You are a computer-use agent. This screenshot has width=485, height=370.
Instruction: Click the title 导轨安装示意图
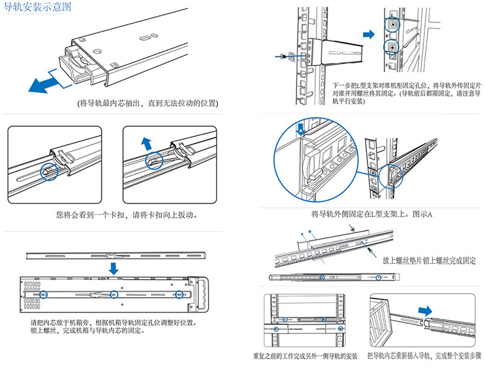point(38,8)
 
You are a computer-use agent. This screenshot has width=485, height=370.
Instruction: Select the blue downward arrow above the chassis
point(114,268)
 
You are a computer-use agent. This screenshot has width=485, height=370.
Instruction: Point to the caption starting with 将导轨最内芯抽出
point(149,103)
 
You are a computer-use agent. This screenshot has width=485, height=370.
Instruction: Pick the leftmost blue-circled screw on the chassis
point(44,295)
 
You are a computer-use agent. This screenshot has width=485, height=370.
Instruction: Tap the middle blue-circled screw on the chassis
point(113,295)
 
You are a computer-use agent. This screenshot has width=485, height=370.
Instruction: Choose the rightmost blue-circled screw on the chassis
point(178,295)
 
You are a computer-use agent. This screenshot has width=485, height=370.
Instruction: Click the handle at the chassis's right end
point(199,294)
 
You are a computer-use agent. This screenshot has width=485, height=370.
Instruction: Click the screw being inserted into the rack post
point(284,56)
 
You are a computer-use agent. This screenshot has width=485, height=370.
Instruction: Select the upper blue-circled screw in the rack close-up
point(392,25)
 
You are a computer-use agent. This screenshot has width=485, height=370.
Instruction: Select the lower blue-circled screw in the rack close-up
point(392,47)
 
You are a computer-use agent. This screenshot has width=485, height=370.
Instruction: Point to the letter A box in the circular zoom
point(301,129)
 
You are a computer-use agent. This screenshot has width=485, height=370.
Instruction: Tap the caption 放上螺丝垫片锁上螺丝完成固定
point(429,260)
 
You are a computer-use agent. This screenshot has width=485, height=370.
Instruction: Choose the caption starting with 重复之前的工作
point(306,355)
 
